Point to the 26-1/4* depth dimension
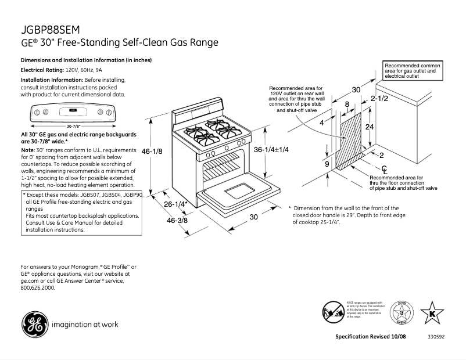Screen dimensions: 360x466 coord(174,204)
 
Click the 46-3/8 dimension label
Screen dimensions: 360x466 coord(177,221)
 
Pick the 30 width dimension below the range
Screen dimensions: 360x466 coord(253,217)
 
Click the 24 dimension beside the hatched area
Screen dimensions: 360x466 coord(369,127)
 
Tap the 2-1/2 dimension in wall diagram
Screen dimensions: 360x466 coord(378,99)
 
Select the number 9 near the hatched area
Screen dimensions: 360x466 coord(327,164)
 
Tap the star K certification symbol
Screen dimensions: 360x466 coord(432,313)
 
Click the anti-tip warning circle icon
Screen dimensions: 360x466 coord(334,312)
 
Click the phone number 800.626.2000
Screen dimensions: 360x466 coord(38,287)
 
